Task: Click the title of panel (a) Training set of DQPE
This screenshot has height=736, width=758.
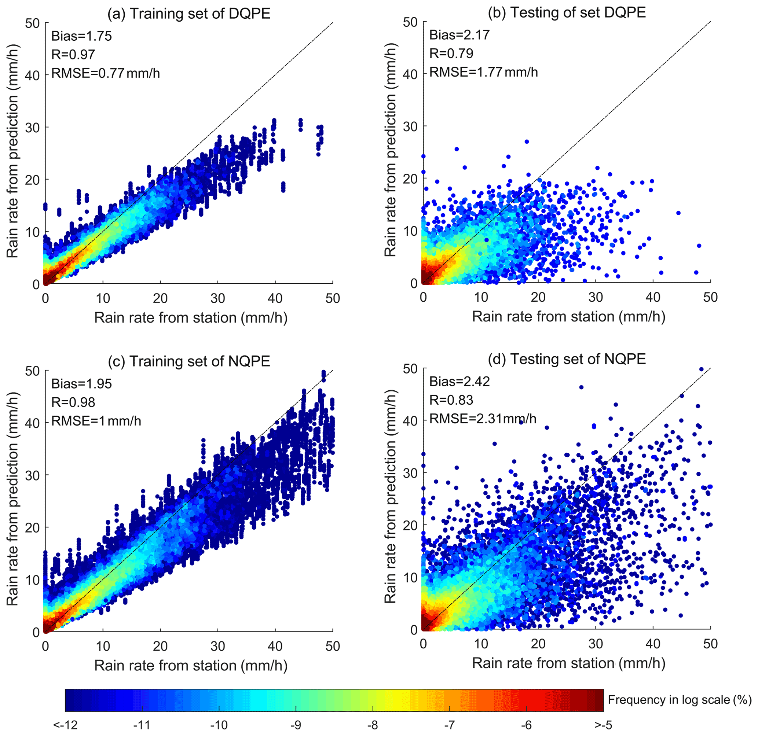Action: tap(189, 14)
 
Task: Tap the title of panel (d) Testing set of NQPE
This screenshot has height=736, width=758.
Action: tap(567, 359)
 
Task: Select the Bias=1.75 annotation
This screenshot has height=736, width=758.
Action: tap(82, 36)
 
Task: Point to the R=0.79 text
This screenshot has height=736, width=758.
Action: tap(451, 54)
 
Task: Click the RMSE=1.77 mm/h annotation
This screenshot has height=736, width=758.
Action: tap(483, 72)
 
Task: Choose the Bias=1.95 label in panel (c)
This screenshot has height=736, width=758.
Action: tap(82, 384)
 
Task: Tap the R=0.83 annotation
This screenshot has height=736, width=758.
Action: tap(451, 400)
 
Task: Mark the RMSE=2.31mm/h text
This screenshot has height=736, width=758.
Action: tap(483, 419)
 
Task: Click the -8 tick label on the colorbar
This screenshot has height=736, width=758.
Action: tap(373, 725)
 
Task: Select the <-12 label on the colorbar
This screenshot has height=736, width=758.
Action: tap(65, 725)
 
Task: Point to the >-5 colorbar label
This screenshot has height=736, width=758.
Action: tap(603, 725)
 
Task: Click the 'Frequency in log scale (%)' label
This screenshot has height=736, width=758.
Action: tap(680, 700)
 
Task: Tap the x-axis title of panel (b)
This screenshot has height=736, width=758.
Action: tap(568, 317)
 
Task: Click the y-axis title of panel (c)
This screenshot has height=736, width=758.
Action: tap(13, 498)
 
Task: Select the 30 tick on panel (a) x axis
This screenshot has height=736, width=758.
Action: tap(218, 298)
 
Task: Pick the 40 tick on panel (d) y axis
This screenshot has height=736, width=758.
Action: tap(410, 420)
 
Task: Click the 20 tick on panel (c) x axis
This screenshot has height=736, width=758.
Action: tap(160, 646)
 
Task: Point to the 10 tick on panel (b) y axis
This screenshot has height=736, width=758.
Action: tap(410, 231)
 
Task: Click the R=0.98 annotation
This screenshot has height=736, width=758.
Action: tap(73, 402)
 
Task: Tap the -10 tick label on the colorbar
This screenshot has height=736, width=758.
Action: tap(219, 725)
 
